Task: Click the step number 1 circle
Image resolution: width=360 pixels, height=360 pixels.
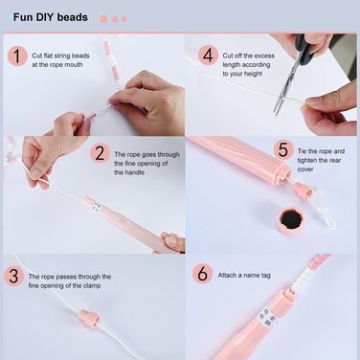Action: (x=17, y=56)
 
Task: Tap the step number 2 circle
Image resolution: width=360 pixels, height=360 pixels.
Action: (x=100, y=153)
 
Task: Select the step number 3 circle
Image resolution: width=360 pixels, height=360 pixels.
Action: (x=13, y=276)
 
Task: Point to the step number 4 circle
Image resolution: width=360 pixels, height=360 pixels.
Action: (x=208, y=56)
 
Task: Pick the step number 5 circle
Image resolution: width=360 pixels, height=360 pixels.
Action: (x=283, y=149)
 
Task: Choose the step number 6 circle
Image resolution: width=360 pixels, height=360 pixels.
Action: (x=203, y=274)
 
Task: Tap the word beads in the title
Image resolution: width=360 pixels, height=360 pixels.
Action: (x=73, y=17)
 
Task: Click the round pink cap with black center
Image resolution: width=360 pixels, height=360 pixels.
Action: (x=290, y=220)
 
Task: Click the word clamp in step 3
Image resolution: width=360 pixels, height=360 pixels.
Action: (x=92, y=285)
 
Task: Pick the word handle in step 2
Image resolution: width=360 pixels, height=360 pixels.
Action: (x=134, y=172)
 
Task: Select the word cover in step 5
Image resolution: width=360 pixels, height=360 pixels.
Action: (x=305, y=169)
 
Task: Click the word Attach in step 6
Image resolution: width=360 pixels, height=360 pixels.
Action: (x=227, y=275)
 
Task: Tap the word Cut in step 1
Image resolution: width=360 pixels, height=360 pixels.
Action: (x=37, y=56)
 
